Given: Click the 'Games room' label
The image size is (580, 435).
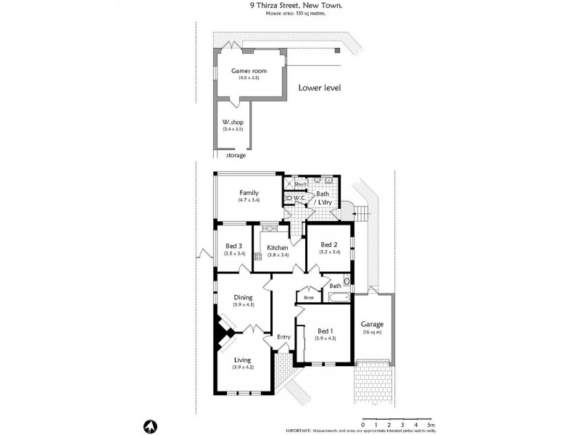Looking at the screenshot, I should click(x=249, y=70).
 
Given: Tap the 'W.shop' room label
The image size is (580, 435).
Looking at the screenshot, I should click(x=232, y=122).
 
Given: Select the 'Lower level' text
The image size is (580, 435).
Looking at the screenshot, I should click(x=319, y=88).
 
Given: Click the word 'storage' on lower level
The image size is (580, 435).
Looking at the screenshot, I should click(x=236, y=155).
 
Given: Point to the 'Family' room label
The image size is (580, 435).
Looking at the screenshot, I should click(x=249, y=193).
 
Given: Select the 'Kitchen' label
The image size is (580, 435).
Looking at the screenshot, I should click(x=278, y=247).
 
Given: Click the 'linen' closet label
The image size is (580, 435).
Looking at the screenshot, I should click(x=309, y=297).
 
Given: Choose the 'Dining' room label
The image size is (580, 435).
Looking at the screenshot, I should click(x=242, y=297).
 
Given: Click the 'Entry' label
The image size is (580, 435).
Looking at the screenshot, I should click(x=284, y=336).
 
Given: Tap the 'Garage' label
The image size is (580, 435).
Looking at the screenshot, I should click(x=373, y=324).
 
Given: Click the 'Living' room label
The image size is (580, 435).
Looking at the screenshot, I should click(x=242, y=360).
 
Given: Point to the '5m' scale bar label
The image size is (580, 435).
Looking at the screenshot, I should click(x=431, y=424).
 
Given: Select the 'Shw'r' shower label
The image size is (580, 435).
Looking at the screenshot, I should click(x=299, y=184).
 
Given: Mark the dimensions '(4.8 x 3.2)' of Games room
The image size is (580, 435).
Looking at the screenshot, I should click(x=249, y=78).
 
